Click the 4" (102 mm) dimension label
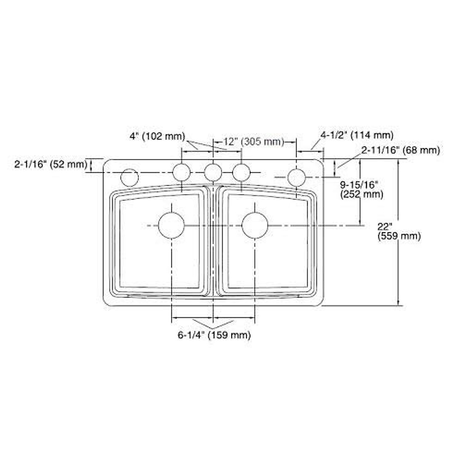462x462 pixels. pos(157,136)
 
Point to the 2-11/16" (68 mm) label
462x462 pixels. pos(400,150)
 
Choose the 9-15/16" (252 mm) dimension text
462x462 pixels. pos(362,189)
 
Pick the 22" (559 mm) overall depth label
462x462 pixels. pos(399,231)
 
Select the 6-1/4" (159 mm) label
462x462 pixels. pos(214,335)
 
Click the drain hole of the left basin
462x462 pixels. pos(171,225)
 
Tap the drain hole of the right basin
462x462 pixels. pos(255,225)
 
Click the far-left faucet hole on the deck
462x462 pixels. pos(129,177)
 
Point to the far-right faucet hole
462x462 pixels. pos(296,177)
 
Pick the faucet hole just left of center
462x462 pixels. pos(181,172)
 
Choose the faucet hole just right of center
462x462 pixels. pos(242,172)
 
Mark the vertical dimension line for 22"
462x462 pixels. pos(398,269)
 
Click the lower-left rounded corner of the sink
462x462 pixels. pos(109,301)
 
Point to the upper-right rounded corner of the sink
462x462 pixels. pos(318,164)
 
